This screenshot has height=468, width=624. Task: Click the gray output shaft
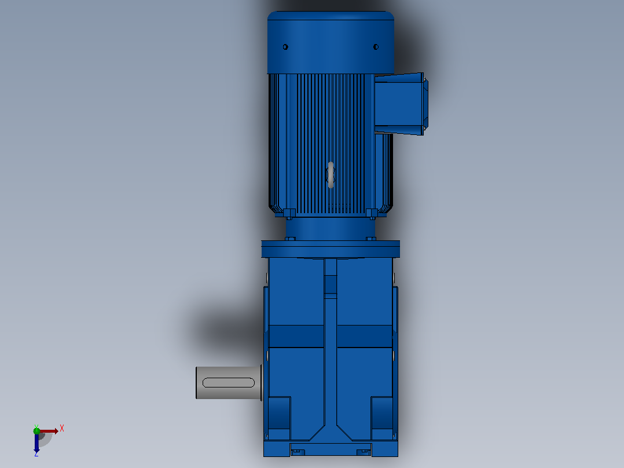[229, 383]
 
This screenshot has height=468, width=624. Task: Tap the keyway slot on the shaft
[229, 383]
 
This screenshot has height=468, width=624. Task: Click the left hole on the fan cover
[285, 47]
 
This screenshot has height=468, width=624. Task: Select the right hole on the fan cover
[376, 47]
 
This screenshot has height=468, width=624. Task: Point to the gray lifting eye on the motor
[331, 175]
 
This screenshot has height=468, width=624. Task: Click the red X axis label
[62, 429]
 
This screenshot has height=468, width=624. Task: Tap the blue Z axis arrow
[36, 443]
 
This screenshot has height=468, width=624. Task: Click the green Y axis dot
[36, 430]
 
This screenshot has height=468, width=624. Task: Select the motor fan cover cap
[331, 43]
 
